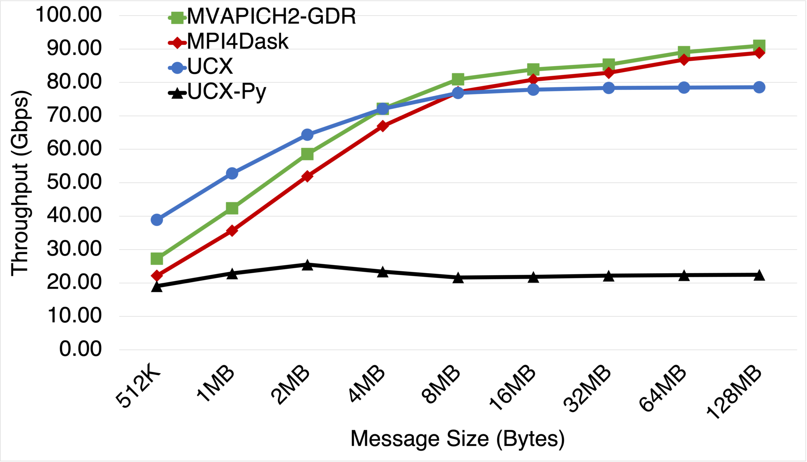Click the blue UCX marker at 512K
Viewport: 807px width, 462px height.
[x=157, y=220]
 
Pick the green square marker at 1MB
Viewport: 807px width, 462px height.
[x=232, y=208]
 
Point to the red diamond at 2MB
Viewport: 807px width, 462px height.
[x=307, y=176]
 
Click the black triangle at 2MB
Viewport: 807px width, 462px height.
[x=307, y=265]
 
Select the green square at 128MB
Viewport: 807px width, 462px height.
[x=759, y=46]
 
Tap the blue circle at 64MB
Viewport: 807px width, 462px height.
[x=684, y=88]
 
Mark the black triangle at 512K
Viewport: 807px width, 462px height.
[x=157, y=286]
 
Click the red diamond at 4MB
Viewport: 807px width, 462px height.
[x=383, y=126]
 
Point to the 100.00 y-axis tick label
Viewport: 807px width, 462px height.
[x=69, y=15]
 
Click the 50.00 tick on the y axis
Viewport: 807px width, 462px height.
[x=74, y=182]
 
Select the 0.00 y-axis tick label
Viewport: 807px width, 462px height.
[x=80, y=349]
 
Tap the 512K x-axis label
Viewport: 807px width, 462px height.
[x=139, y=388]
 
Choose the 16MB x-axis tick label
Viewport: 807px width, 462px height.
[x=512, y=388]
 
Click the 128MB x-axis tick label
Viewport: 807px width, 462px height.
[x=734, y=392]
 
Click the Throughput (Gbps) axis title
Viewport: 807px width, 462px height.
[x=20, y=183]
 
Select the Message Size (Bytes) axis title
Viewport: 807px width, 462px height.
[x=457, y=439]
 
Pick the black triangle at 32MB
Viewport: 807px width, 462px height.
[x=609, y=276]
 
